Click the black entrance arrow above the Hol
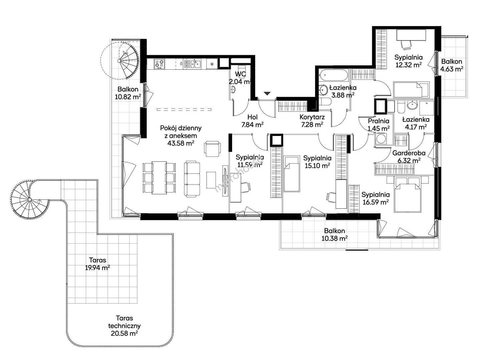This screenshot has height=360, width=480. coord(267,93)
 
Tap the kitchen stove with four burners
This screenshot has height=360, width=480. coord(159,64)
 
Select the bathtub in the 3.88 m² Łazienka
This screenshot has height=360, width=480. coord(333,76)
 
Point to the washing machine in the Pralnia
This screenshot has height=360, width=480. coord(381,139)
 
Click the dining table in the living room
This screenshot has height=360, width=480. coord(159,178)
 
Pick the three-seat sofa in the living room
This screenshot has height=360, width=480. coord(192,179)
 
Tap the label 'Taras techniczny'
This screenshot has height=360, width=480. coord(124,322)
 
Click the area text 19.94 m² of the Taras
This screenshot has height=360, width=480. coord(97,268)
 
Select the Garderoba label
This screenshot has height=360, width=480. coord(409,153)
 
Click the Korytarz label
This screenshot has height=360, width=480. coord(312,117)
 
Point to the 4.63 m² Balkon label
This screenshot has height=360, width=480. coord(452,61)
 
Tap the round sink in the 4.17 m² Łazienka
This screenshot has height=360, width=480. coord(412,105)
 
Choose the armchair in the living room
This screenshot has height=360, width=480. coord(212,149)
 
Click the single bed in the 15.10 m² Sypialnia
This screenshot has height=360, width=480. coord(292,174)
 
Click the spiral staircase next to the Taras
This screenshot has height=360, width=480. coord(30,199)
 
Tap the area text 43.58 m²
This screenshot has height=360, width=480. coord(181,143)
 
